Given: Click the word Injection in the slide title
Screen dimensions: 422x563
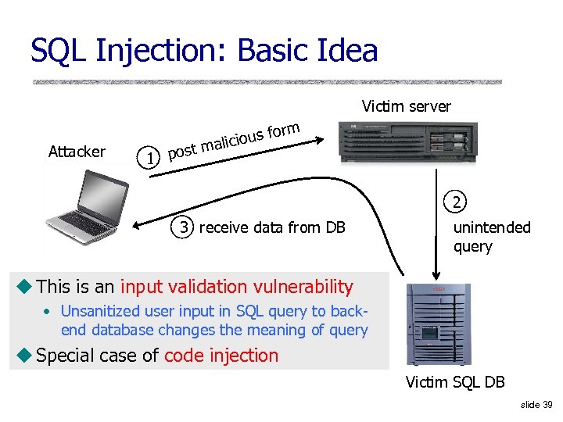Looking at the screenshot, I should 162,51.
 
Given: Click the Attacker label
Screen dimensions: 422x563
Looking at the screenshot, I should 77,152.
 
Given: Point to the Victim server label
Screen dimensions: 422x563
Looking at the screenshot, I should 406,106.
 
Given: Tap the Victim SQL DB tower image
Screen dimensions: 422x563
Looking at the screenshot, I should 436,324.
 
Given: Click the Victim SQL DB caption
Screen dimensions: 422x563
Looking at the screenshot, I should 454,382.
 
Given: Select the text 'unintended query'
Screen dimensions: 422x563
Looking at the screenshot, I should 491,237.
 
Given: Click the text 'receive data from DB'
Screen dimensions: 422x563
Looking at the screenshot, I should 272,227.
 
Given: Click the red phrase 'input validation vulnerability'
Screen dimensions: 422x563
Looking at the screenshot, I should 236,287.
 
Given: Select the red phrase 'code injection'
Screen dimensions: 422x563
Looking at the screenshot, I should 221,356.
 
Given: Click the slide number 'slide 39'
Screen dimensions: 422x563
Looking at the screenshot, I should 536,404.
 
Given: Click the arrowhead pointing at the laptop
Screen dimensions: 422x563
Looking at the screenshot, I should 136,227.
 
